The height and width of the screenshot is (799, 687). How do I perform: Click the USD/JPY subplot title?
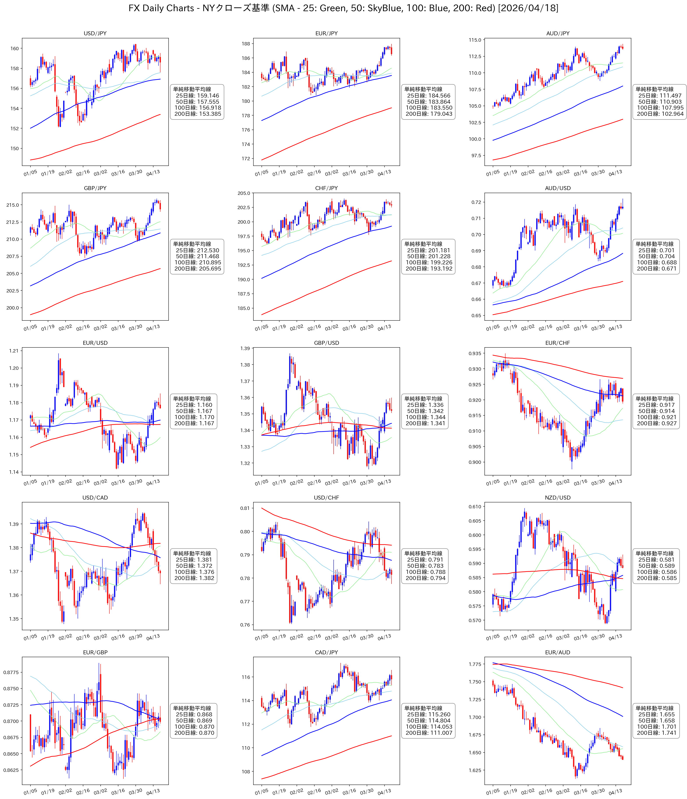(95, 34)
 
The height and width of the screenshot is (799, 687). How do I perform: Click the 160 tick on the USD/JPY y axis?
(14, 49)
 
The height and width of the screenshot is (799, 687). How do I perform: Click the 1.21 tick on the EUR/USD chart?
(14, 351)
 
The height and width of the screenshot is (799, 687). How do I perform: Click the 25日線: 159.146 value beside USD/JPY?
(197, 96)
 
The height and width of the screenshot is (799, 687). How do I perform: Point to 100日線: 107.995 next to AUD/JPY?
(660, 108)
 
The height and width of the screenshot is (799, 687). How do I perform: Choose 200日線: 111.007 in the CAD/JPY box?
(429, 733)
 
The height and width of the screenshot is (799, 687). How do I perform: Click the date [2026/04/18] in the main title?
(528, 8)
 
